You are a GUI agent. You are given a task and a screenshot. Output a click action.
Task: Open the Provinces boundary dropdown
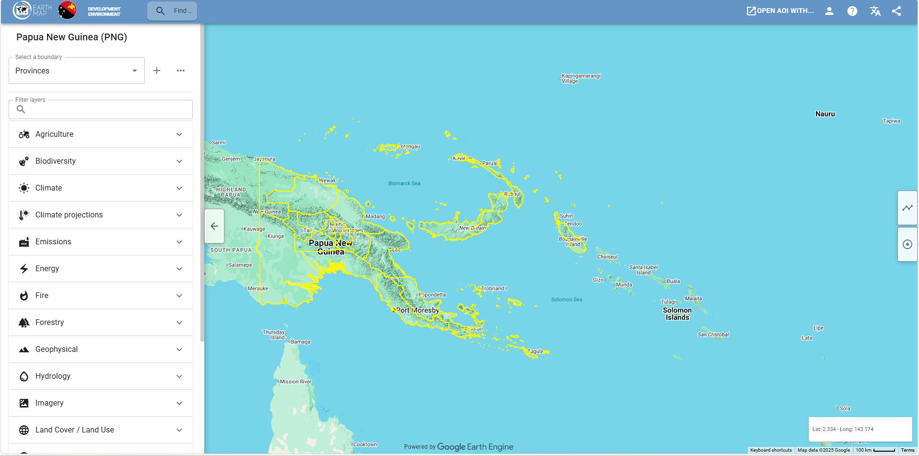[x=77, y=71]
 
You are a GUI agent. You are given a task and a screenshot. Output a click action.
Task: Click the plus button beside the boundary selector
[x=157, y=71]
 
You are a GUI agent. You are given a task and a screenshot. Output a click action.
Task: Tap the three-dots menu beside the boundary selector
[x=181, y=71]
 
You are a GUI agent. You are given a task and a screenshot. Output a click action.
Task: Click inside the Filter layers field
[x=105, y=109]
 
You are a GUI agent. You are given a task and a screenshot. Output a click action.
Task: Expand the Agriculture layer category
[x=101, y=134]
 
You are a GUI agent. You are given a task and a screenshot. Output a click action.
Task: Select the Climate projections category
[x=101, y=215]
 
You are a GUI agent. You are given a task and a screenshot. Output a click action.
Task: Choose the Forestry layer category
[x=101, y=323]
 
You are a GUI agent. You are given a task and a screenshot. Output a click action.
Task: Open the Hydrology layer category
[x=101, y=376]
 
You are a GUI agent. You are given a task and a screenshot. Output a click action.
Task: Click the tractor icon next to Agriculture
[x=24, y=134]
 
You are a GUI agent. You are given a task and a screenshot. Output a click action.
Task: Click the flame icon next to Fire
[x=24, y=296]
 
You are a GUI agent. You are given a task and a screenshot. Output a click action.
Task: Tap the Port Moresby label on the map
[x=418, y=311]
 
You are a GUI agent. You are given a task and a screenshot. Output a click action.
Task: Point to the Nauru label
[x=825, y=114]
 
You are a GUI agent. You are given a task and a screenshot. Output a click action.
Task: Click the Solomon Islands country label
[x=677, y=314]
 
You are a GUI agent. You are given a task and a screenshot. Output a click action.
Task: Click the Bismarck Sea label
[x=404, y=183]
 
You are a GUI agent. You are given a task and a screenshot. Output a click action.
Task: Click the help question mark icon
[x=852, y=11]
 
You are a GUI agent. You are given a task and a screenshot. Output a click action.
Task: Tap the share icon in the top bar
[x=896, y=11]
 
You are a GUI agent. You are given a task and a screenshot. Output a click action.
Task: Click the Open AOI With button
[x=780, y=11]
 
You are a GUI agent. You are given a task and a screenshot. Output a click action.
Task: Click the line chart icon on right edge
[x=907, y=208]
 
